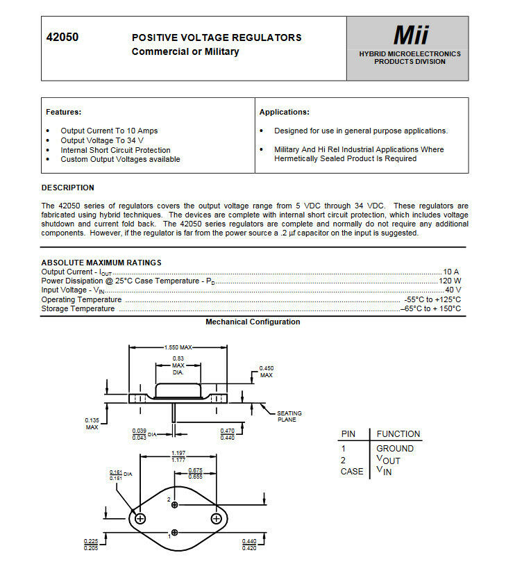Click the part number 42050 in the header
pyautogui.click(x=62, y=38)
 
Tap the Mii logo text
pyautogui.click(x=411, y=35)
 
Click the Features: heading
pyautogui.click(x=63, y=112)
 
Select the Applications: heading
pyautogui.click(x=284, y=112)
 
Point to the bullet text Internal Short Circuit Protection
pyautogui.click(x=115, y=150)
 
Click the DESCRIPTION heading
pyautogui.click(x=67, y=188)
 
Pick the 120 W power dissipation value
pyautogui.click(x=449, y=280)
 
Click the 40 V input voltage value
pyautogui.click(x=453, y=289)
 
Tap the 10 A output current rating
pyautogui.click(x=451, y=271)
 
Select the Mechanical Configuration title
pyautogui.click(x=253, y=322)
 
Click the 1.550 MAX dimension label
pyautogui.click(x=178, y=347)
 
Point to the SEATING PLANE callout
pyautogui.click(x=289, y=416)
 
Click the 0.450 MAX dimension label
pyautogui.click(x=267, y=372)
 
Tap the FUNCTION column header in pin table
pyautogui.click(x=398, y=434)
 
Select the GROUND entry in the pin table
pyautogui.click(x=394, y=449)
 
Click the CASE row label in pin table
pyautogui.click(x=351, y=472)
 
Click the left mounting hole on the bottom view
pyautogui.click(x=140, y=519)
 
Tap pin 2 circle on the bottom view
pyautogui.click(x=175, y=504)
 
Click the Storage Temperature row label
pyautogui.click(x=78, y=308)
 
